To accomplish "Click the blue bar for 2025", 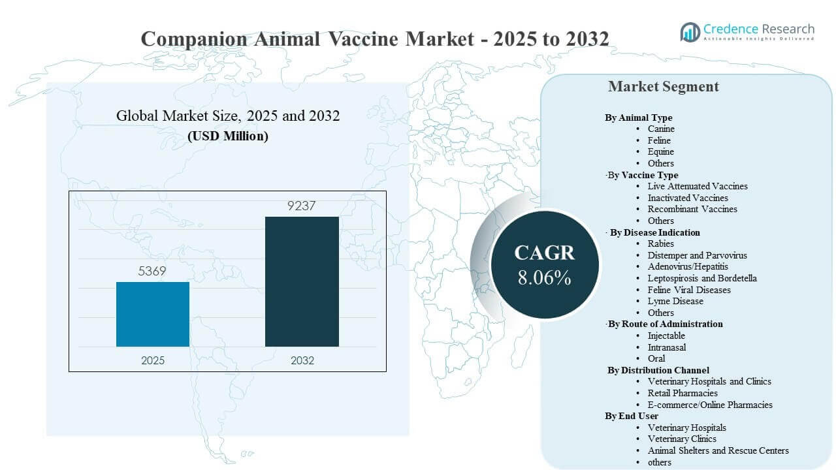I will tap(153, 314).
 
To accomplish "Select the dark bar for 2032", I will tap(302, 281).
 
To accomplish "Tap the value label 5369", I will tap(153, 271).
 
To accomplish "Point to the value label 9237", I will tap(302, 206).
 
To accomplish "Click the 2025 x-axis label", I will tap(153, 360).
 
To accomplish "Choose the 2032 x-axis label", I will tap(302, 360).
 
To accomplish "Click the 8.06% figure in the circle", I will tap(544, 277).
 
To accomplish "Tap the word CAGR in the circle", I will tap(544, 253).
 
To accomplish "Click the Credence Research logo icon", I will tap(690, 31).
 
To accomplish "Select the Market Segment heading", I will tap(663, 86).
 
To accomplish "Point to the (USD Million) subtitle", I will tap(227, 136).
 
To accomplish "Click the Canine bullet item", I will tap(661, 129).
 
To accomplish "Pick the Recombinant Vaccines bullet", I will tap(692, 209).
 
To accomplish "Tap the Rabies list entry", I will tap(660, 243).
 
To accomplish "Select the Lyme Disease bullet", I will tap(675, 301).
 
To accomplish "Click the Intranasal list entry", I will tap(666, 347).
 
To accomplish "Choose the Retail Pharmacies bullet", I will tap(682, 393).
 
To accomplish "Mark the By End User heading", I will tap(632, 416).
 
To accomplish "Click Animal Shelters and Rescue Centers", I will tap(718, 450).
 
